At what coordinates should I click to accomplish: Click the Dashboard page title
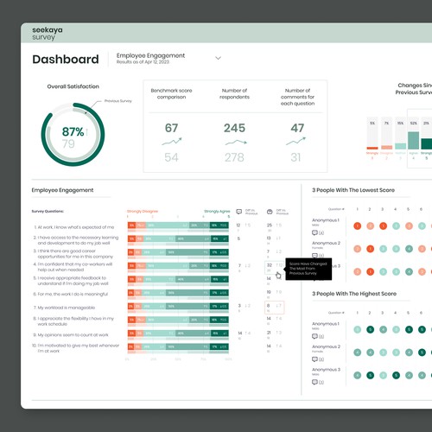click(65, 60)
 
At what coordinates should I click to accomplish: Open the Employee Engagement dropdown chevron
click(218, 59)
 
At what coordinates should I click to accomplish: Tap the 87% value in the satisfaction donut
click(73, 131)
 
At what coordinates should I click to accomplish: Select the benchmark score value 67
click(171, 129)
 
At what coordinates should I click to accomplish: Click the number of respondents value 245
click(234, 129)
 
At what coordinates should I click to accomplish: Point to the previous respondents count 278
click(234, 157)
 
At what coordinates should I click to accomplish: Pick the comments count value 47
click(297, 129)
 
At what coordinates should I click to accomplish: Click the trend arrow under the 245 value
click(234, 143)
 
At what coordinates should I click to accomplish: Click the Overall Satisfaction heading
click(73, 86)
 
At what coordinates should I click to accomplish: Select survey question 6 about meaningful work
click(73, 295)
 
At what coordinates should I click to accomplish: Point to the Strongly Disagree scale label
click(143, 210)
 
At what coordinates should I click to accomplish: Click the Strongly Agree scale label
click(217, 210)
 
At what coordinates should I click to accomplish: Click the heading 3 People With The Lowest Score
click(354, 189)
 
